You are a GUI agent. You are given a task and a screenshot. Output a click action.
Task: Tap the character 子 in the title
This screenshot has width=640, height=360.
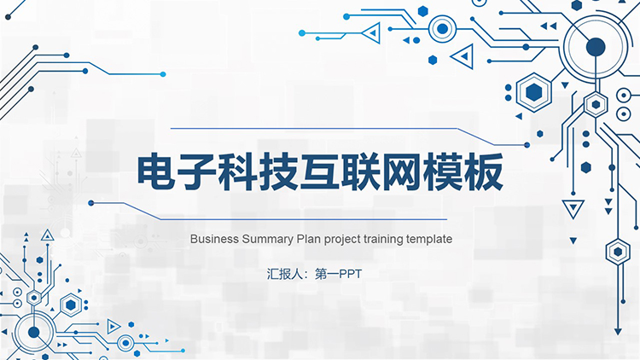(198, 172)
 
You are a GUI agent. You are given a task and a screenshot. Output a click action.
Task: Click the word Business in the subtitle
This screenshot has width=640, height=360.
(214, 239)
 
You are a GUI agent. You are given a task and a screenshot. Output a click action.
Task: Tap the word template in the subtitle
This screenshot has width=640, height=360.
(429, 240)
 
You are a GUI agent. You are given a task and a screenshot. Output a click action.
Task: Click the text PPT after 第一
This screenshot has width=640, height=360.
(350, 275)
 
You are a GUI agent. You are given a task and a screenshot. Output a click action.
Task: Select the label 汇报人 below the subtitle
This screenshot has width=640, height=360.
(285, 274)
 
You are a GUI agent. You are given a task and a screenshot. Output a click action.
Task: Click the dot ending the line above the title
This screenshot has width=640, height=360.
(527, 145)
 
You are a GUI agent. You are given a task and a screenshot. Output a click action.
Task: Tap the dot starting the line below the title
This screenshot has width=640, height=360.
(91, 203)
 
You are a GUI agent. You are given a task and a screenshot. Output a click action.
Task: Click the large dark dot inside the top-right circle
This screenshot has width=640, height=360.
(596, 47)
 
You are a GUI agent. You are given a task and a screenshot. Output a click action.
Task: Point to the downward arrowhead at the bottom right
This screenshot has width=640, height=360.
(618, 332)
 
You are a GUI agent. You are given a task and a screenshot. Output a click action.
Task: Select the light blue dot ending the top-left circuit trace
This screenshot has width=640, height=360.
(163, 74)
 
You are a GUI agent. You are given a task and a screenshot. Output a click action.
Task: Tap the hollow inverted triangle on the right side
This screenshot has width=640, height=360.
(573, 208)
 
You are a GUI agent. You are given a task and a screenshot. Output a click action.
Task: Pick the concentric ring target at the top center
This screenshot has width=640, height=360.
(442, 29)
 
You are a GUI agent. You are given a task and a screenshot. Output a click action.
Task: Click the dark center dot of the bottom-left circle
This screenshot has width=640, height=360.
(34, 332)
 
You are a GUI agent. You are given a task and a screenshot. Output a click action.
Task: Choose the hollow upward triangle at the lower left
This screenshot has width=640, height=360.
(47, 235)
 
